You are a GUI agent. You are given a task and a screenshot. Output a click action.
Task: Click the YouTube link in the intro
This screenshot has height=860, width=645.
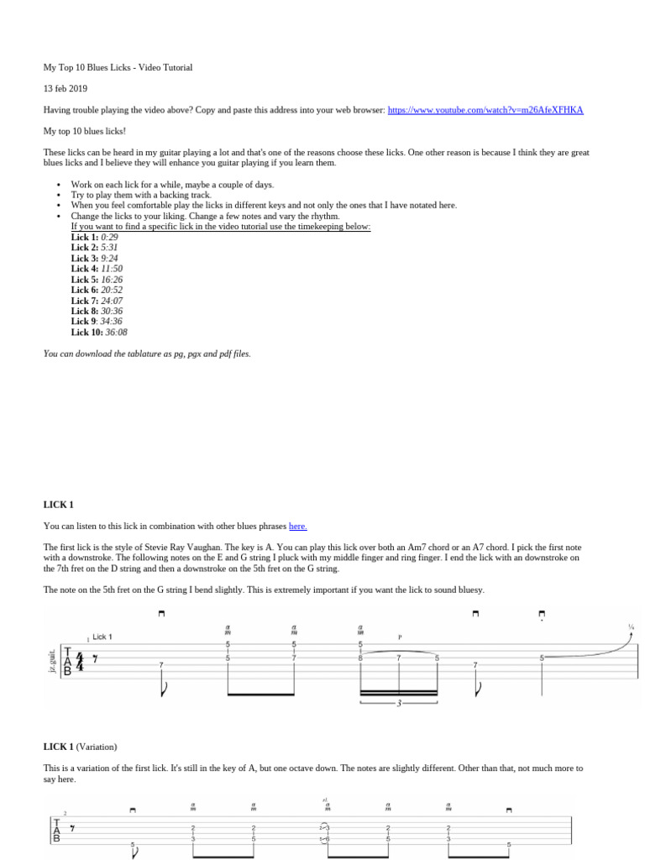point(485,110)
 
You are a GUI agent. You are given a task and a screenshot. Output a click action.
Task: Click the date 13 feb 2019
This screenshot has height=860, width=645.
point(66,88)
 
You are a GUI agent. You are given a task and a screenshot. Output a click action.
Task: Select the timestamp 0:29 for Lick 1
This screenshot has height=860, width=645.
point(109,238)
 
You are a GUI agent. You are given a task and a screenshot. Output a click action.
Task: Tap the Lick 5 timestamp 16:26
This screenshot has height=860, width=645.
point(112,280)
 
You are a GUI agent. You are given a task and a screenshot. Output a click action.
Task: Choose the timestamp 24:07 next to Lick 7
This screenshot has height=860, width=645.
point(112,301)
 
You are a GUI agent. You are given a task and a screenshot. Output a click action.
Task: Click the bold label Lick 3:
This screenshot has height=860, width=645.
point(84,259)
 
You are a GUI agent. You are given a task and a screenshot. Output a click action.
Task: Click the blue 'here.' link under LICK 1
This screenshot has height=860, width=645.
point(297,527)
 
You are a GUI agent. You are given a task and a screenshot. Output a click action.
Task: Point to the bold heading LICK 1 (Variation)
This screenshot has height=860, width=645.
point(80,747)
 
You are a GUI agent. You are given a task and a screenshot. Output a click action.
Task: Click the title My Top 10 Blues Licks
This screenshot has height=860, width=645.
point(118,67)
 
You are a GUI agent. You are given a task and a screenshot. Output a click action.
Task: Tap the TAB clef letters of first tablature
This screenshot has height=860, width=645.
point(68,661)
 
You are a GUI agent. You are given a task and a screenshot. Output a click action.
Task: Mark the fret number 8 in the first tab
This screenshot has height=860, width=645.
point(360,658)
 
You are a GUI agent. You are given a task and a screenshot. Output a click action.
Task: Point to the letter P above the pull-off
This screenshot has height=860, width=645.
point(400,637)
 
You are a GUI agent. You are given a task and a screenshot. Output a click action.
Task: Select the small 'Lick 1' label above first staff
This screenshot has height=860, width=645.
point(102,637)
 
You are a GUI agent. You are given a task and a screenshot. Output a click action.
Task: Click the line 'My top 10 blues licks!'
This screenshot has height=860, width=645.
point(85,131)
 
